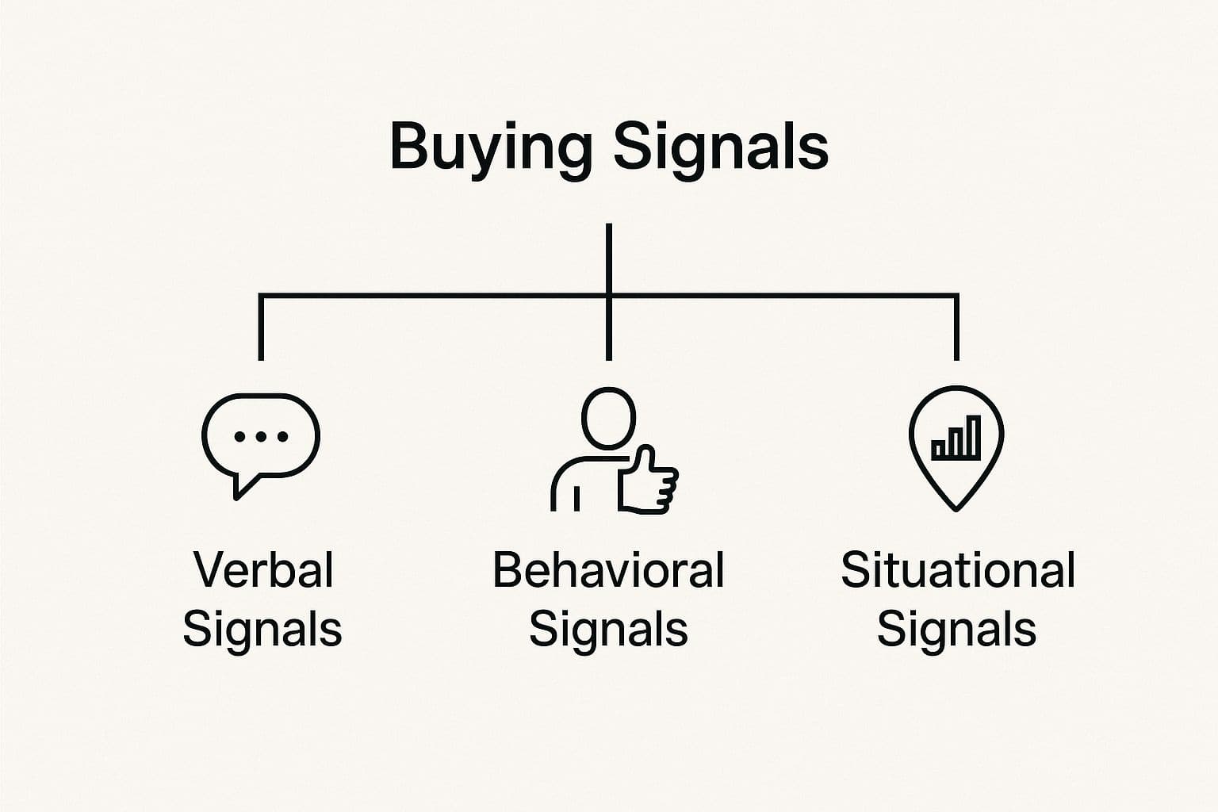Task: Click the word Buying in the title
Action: coord(490,147)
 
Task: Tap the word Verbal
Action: coord(263,569)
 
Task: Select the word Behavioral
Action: coord(608,569)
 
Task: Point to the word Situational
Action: coord(957,569)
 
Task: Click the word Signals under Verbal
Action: coord(262,630)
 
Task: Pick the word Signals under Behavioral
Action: coord(608,630)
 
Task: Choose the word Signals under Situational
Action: coord(956,630)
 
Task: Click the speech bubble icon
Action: coord(260,436)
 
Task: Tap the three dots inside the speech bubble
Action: coord(260,436)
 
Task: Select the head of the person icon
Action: coord(608,418)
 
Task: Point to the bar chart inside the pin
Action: coord(956,439)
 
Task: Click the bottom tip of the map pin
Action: coord(956,507)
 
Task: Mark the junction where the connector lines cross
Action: coord(608,296)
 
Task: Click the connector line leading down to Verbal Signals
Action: coord(261,329)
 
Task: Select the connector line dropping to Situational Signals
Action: coord(956,329)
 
